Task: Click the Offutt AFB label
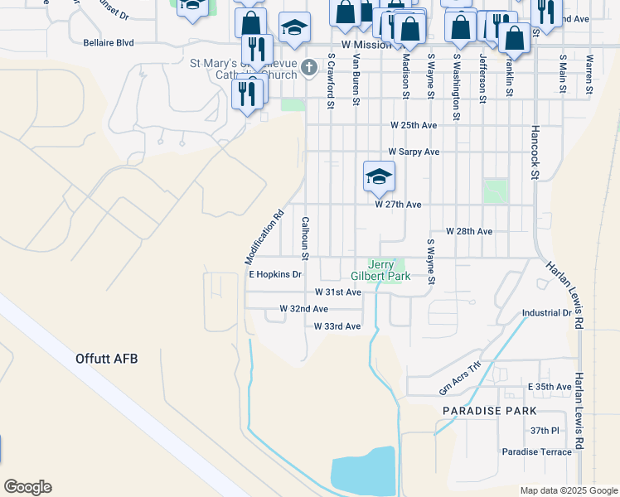(x=105, y=359)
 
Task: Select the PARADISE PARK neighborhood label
(x=489, y=411)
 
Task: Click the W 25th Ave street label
(x=414, y=125)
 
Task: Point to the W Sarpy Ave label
(x=414, y=152)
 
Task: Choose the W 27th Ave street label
(x=398, y=204)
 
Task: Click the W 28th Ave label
(x=469, y=231)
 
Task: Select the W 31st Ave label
(x=338, y=292)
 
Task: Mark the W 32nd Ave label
(x=303, y=308)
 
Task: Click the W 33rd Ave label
(x=337, y=326)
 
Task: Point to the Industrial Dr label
(x=547, y=314)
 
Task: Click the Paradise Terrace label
(x=536, y=451)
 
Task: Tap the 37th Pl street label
(x=545, y=431)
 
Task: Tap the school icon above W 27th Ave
(x=379, y=176)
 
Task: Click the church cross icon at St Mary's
(x=309, y=67)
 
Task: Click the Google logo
(x=27, y=487)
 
